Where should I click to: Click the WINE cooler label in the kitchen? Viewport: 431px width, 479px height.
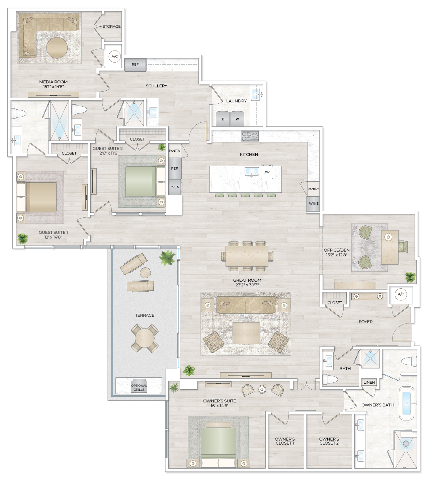(x=314, y=204)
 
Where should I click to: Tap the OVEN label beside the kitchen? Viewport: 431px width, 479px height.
(x=174, y=187)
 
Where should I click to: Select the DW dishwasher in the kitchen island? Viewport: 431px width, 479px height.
(x=266, y=172)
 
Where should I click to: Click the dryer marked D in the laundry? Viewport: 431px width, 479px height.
(x=223, y=119)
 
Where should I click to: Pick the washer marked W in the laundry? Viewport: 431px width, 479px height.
(x=237, y=119)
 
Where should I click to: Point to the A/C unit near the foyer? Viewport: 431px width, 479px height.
(x=401, y=294)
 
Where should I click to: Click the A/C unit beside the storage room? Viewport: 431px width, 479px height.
(x=114, y=57)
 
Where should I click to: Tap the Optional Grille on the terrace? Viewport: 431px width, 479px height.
(x=139, y=387)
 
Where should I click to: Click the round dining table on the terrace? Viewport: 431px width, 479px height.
(x=145, y=338)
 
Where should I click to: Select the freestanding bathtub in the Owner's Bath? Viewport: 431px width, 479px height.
(x=407, y=403)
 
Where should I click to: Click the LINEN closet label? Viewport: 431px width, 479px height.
(x=369, y=382)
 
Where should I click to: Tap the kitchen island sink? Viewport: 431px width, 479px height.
(x=252, y=172)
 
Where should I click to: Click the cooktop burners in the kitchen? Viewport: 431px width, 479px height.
(x=250, y=136)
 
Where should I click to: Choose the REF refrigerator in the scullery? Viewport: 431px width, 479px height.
(x=135, y=65)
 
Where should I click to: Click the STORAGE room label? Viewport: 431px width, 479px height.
(x=111, y=26)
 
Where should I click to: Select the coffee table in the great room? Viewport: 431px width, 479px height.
(x=246, y=333)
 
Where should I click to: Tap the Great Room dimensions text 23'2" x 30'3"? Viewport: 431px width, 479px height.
(x=247, y=285)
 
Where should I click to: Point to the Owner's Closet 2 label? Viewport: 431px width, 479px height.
(x=329, y=441)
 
